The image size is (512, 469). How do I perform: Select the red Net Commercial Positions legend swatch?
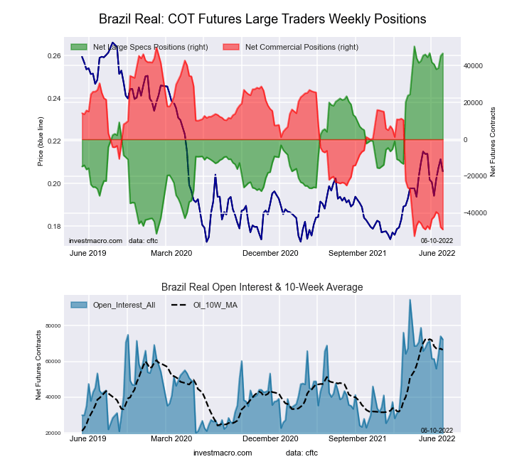click(x=231, y=47)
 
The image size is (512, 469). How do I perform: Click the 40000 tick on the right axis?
click(x=474, y=65)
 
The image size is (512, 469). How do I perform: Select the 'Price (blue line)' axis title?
click(x=41, y=141)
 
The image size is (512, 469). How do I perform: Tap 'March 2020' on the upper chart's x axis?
click(x=171, y=253)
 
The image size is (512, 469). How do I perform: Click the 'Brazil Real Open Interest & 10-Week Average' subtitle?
click(x=262, y=287)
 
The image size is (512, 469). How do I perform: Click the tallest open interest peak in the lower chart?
click(x=410, y=300)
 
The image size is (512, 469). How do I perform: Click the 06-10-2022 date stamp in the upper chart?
click(x=437, y=241)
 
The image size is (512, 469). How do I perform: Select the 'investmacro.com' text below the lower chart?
click(x=223, y=453)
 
